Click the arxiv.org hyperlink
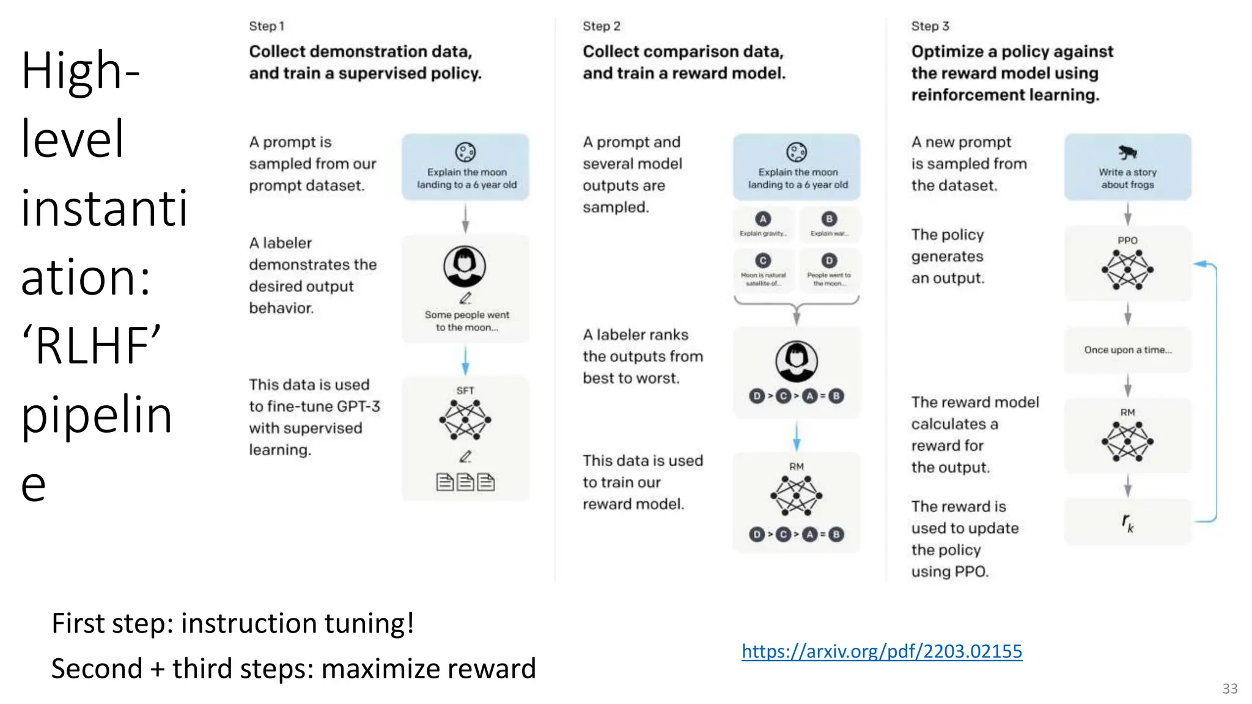(882, 651)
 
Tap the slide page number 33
(1230, 689)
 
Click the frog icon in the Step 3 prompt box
(1127, 152)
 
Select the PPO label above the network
(1127, 241)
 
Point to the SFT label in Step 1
(465, 391)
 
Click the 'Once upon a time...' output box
(1127, 350)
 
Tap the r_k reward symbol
(1127, 522)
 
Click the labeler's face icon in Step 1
(465, 266)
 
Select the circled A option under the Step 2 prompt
(762, 219)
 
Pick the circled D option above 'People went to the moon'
(829, 261)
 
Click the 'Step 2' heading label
(602, 26)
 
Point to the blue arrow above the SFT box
(465, 361)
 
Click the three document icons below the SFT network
(465, 482)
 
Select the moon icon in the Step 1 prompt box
(465, 152)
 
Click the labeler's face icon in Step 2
(796, 361)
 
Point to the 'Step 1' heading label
(267, 26)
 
